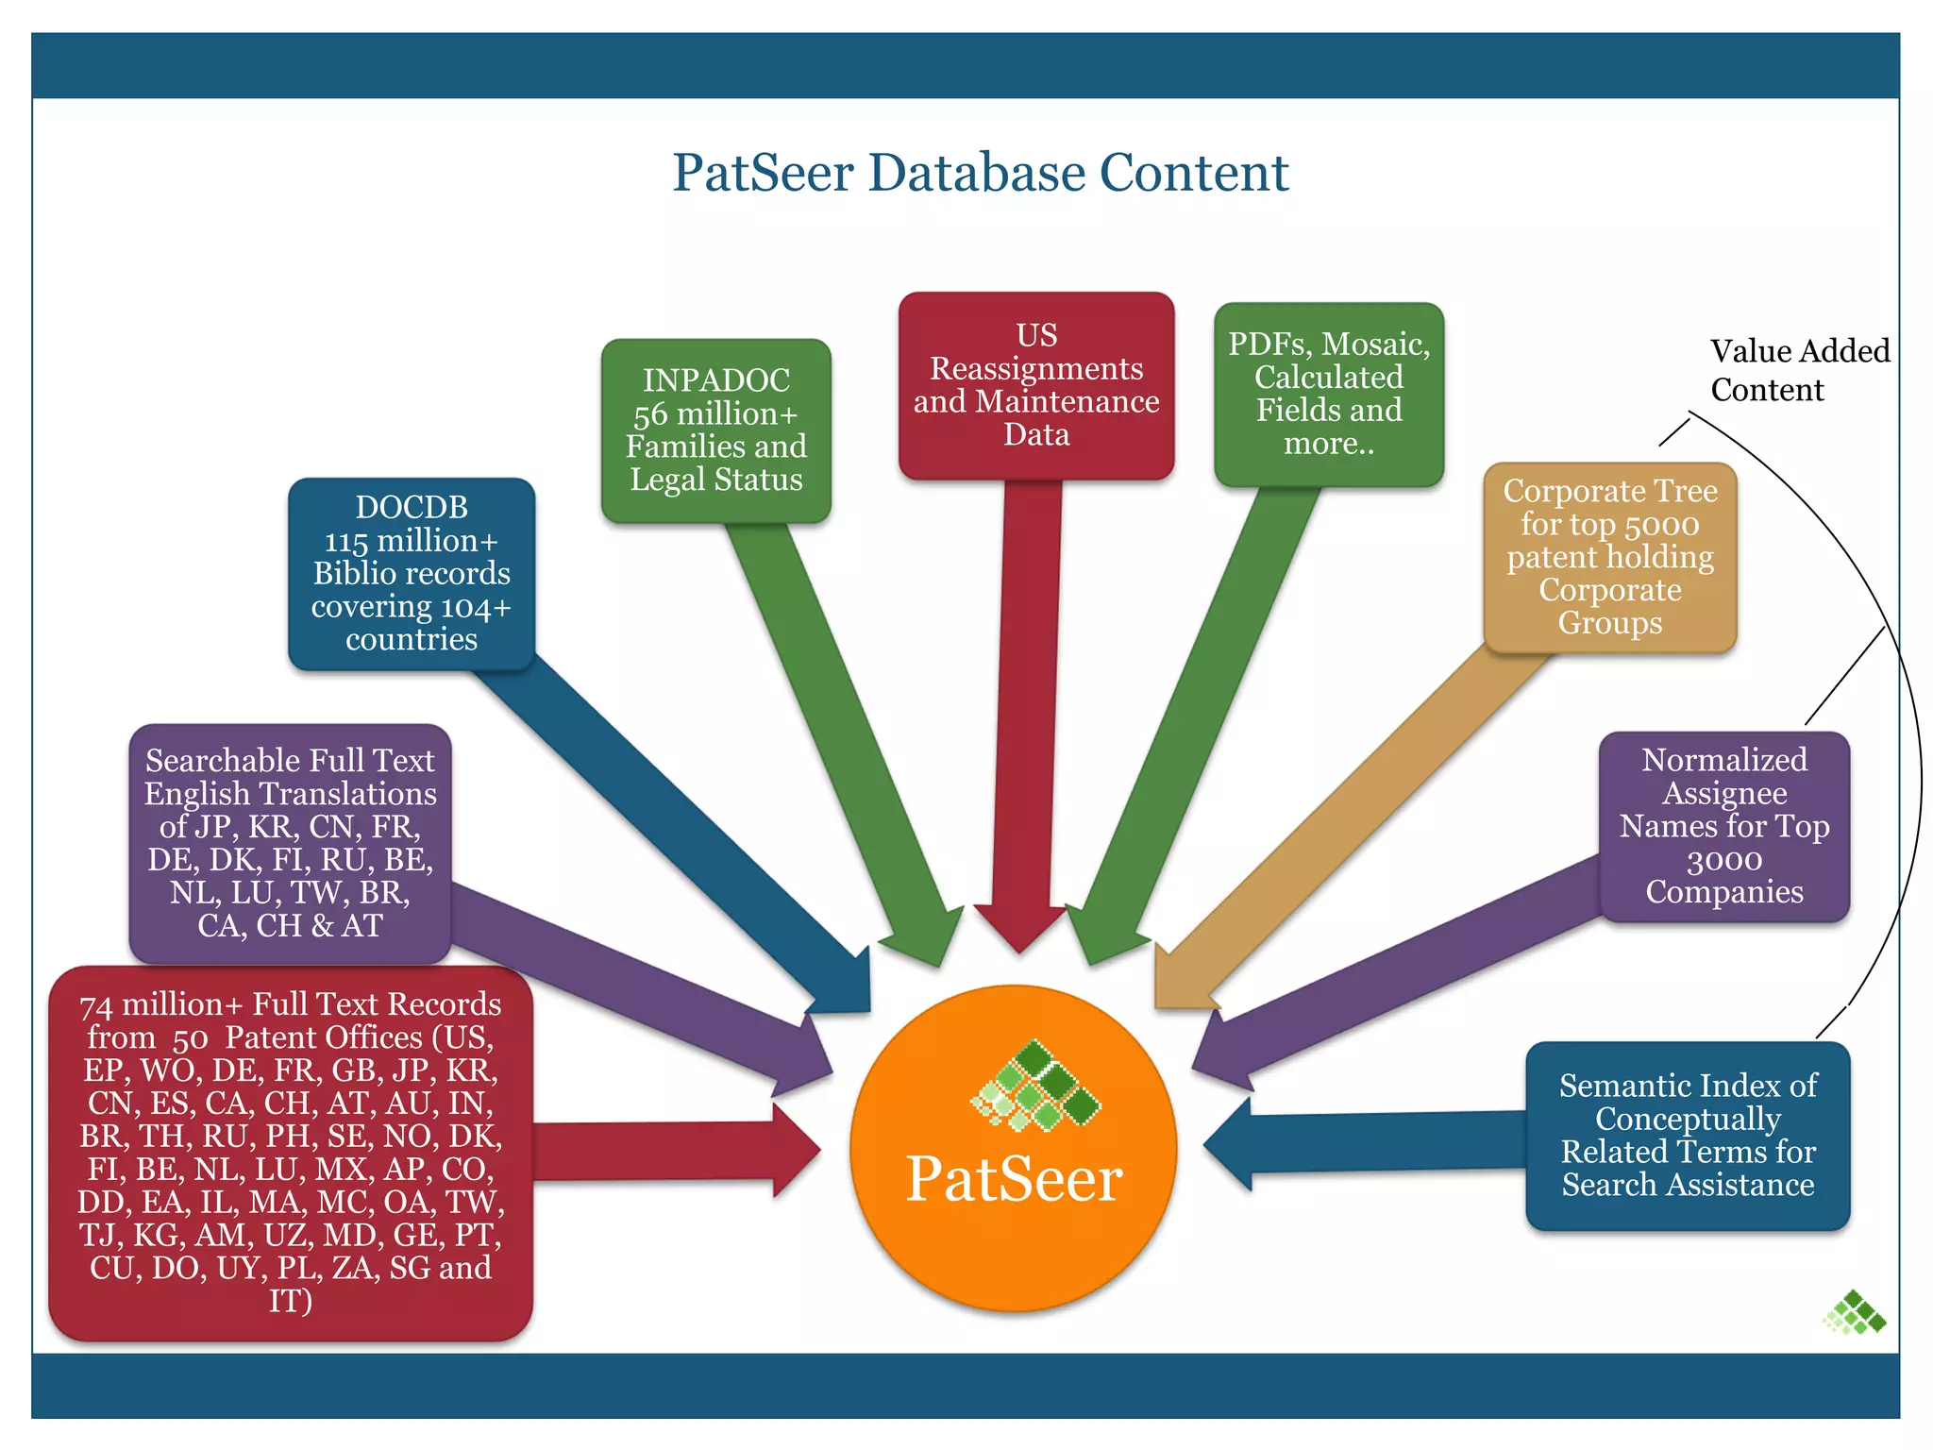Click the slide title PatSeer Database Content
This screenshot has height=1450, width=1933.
click(x=980, y=173)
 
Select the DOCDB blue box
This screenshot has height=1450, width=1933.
click(x=412, y=574)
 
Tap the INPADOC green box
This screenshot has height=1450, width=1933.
click(x=715, y=430)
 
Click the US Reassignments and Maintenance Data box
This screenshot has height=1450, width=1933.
click(x=1036, y=385)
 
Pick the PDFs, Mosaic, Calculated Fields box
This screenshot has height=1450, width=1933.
click(x=1329, y=394)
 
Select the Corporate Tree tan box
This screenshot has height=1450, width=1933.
click(x=1610, y=557)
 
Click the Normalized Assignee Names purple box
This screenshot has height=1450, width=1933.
click(x=1724, y=826)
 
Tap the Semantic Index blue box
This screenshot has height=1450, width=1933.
click(x=1688, y=1135)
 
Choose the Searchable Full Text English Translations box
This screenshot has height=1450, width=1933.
click(x=290, y=842)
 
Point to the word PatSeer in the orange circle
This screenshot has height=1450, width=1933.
click(x=1014, y=1179)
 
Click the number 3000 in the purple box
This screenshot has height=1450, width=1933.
click(x=1723, y=860)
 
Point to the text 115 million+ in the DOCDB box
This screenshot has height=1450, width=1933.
click(x=411, y=541)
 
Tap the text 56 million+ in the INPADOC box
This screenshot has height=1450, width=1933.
click(x=715, y=414)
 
